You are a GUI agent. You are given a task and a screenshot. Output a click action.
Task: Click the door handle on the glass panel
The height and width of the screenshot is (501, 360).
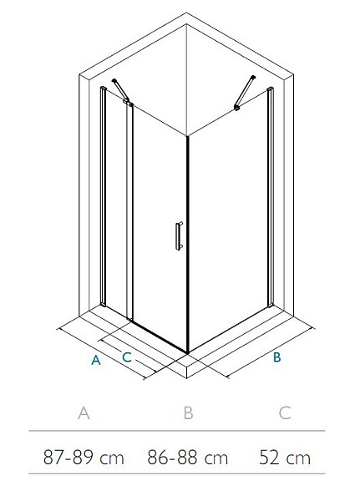179,235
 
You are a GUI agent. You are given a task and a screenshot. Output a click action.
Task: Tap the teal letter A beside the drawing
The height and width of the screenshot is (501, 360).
96,360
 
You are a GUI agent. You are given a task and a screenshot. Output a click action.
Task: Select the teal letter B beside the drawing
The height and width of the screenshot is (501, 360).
276,357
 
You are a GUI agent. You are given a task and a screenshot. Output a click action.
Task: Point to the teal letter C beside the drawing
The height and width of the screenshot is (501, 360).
127,357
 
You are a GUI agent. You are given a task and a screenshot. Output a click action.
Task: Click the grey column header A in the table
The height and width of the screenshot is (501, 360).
84,412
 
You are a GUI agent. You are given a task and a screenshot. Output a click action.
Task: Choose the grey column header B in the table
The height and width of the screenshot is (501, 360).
188,412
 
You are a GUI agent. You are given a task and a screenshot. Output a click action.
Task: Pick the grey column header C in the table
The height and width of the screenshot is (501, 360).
285,412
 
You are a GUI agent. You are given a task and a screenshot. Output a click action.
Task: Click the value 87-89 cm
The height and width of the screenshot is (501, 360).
84,458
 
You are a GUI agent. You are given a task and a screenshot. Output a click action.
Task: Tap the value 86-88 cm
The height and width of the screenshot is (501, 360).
188,458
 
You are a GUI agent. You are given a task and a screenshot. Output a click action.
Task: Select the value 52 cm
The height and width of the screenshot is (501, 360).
285,458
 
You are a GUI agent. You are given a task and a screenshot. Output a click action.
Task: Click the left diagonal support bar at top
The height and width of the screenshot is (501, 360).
120,90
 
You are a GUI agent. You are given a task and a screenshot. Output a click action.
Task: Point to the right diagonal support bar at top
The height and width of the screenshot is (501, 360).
245,93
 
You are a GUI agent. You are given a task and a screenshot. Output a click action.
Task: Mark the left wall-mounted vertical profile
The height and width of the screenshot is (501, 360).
103,196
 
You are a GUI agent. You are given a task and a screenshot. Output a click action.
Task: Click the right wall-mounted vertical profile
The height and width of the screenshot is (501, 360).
271,197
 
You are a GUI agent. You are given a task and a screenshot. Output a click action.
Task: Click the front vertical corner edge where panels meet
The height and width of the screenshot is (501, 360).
188,245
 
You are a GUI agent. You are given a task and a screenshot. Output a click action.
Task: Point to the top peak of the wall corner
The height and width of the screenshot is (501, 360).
186,13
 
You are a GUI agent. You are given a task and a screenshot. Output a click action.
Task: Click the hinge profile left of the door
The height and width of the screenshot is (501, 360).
129,211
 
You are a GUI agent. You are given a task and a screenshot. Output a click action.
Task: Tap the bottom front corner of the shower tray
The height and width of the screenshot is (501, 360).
187,378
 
